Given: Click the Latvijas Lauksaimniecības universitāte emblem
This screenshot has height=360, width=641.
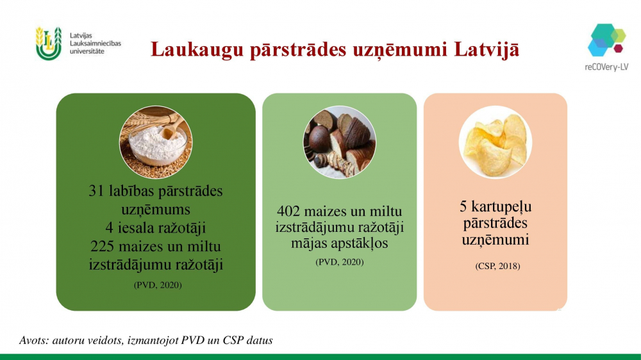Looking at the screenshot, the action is (49, 44).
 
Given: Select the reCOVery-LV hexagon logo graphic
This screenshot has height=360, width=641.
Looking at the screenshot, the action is (606, 40).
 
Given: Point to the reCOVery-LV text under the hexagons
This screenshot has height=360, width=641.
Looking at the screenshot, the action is (606, 67).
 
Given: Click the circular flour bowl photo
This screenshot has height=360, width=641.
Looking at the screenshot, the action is (156, 142).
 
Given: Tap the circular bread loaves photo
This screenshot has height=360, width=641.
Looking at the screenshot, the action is (339, 142).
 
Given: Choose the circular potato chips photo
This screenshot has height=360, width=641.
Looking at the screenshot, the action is (495, 142).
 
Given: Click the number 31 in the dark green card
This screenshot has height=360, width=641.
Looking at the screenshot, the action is (97, 191).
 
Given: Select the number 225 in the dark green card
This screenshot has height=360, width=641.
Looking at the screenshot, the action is (102, 247).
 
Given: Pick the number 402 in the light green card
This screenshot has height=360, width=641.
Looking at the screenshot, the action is (288, 211).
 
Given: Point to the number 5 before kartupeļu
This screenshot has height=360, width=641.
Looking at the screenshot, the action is (463, 207).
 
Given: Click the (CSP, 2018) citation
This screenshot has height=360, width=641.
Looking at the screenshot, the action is (497, 266).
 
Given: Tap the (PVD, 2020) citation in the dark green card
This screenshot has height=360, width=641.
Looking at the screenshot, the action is (158, 285).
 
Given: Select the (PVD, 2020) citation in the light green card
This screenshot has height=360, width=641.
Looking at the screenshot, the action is (339, 262).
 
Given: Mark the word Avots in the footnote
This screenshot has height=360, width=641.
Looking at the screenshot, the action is (33, 340).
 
